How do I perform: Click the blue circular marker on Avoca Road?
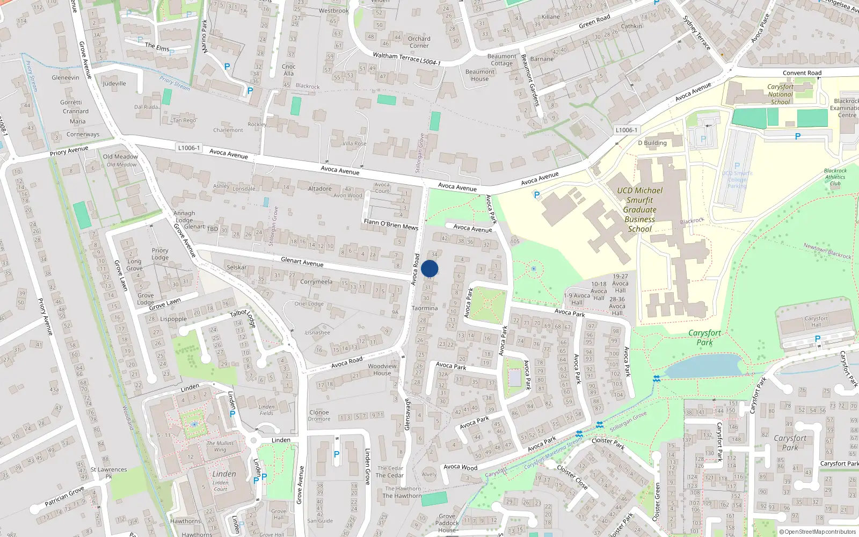pyautogui.click(x=429, y=268)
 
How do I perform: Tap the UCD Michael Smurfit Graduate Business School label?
pyautogui.click(x=639, y=209)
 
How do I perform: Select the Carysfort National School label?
pyautogui.click(x=780, y=94)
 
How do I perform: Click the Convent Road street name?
pyautogui.click(x=802, y=73)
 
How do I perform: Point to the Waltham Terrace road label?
pyautogui.click(x=406, y=59)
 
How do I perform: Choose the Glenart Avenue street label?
pyautogui.click(x=302, y=262)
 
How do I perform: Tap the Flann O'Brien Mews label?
pyautogui.click(x=391, y=224)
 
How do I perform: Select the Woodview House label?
pyautogui.click(x=382, y=369)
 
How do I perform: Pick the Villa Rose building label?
pyautogui.click(x=354, y=143)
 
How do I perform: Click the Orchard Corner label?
pyautogui.click(x=419, y=42)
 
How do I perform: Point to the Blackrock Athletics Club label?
pyautogui.click(x=835, y=177)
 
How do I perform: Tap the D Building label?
pyautogui.click(x=652, y=143)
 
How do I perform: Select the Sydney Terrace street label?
pyautogui.click(x=696, y=33)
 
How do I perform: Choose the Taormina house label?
pyautogui.click(x=425, y=308)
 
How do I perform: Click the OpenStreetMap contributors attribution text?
pyautogui.click(x=818, y=532)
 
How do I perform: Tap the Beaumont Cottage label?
pyautogui.click(x=501, y=60)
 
